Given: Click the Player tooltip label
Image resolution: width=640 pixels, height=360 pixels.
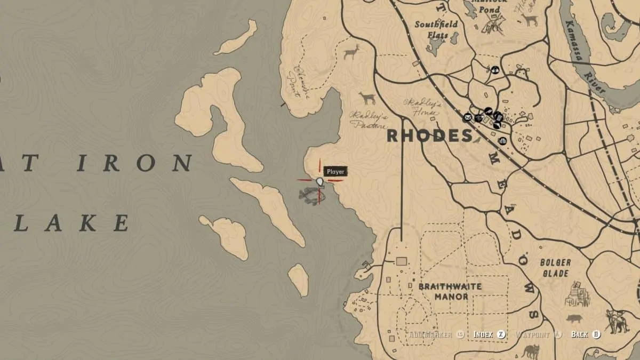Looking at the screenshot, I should [x=335, y=172].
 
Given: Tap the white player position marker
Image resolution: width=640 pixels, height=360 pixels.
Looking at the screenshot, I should [x=320, y=182].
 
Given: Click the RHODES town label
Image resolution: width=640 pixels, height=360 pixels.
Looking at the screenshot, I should [x=429, y=135].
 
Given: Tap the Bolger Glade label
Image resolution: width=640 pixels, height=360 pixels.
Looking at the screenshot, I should [x=555, y=267].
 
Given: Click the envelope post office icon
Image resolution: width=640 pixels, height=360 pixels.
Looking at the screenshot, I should [x=467, y=117].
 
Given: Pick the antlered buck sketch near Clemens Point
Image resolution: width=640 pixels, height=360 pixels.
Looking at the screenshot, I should [x=351, y=52].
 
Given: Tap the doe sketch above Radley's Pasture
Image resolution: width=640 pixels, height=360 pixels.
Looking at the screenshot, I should [x=367, y=98].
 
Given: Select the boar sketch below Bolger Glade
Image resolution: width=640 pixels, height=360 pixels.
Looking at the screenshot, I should [x=574, y=319].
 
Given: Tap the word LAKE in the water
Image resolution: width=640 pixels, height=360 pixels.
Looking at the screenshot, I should [x=71, y=223].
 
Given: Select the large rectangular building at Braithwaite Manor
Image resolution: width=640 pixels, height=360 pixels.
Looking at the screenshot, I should [x=402, y=261].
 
